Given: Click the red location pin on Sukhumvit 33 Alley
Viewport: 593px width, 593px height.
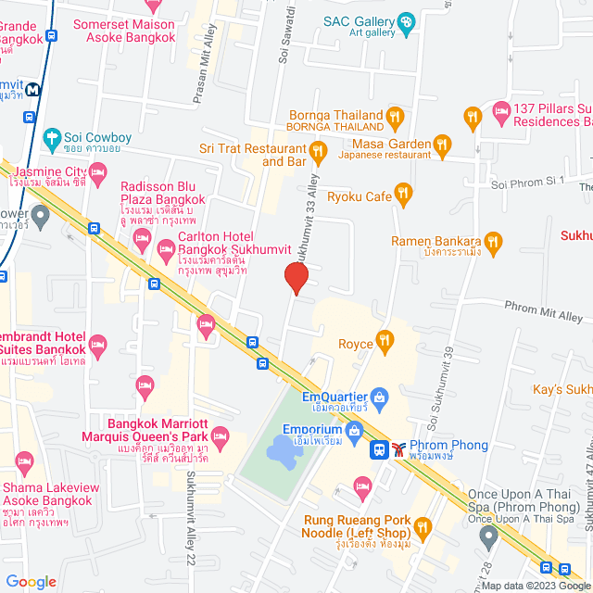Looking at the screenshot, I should (x=296, y=277).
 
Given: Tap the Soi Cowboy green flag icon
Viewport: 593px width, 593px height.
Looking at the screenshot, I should (x=52, y=138).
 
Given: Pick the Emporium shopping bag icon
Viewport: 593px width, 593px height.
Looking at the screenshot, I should (x=353, y=430).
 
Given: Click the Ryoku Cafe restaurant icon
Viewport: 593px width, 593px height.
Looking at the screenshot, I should (x=402, y=196).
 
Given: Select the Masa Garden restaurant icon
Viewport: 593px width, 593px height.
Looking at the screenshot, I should (x=441, y=145).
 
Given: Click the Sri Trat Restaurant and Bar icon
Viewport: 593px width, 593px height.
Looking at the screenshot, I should (x=318, y=149).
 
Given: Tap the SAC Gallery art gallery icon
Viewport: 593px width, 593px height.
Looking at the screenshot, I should (x=405, y=21).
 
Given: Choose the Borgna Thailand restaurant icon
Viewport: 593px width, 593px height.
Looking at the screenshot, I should (x=396, y=118).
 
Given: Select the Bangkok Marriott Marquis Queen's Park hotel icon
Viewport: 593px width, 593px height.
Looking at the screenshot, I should (x=220, y=435).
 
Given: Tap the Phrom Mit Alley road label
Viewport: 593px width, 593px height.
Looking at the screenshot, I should (x=544, y=311).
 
